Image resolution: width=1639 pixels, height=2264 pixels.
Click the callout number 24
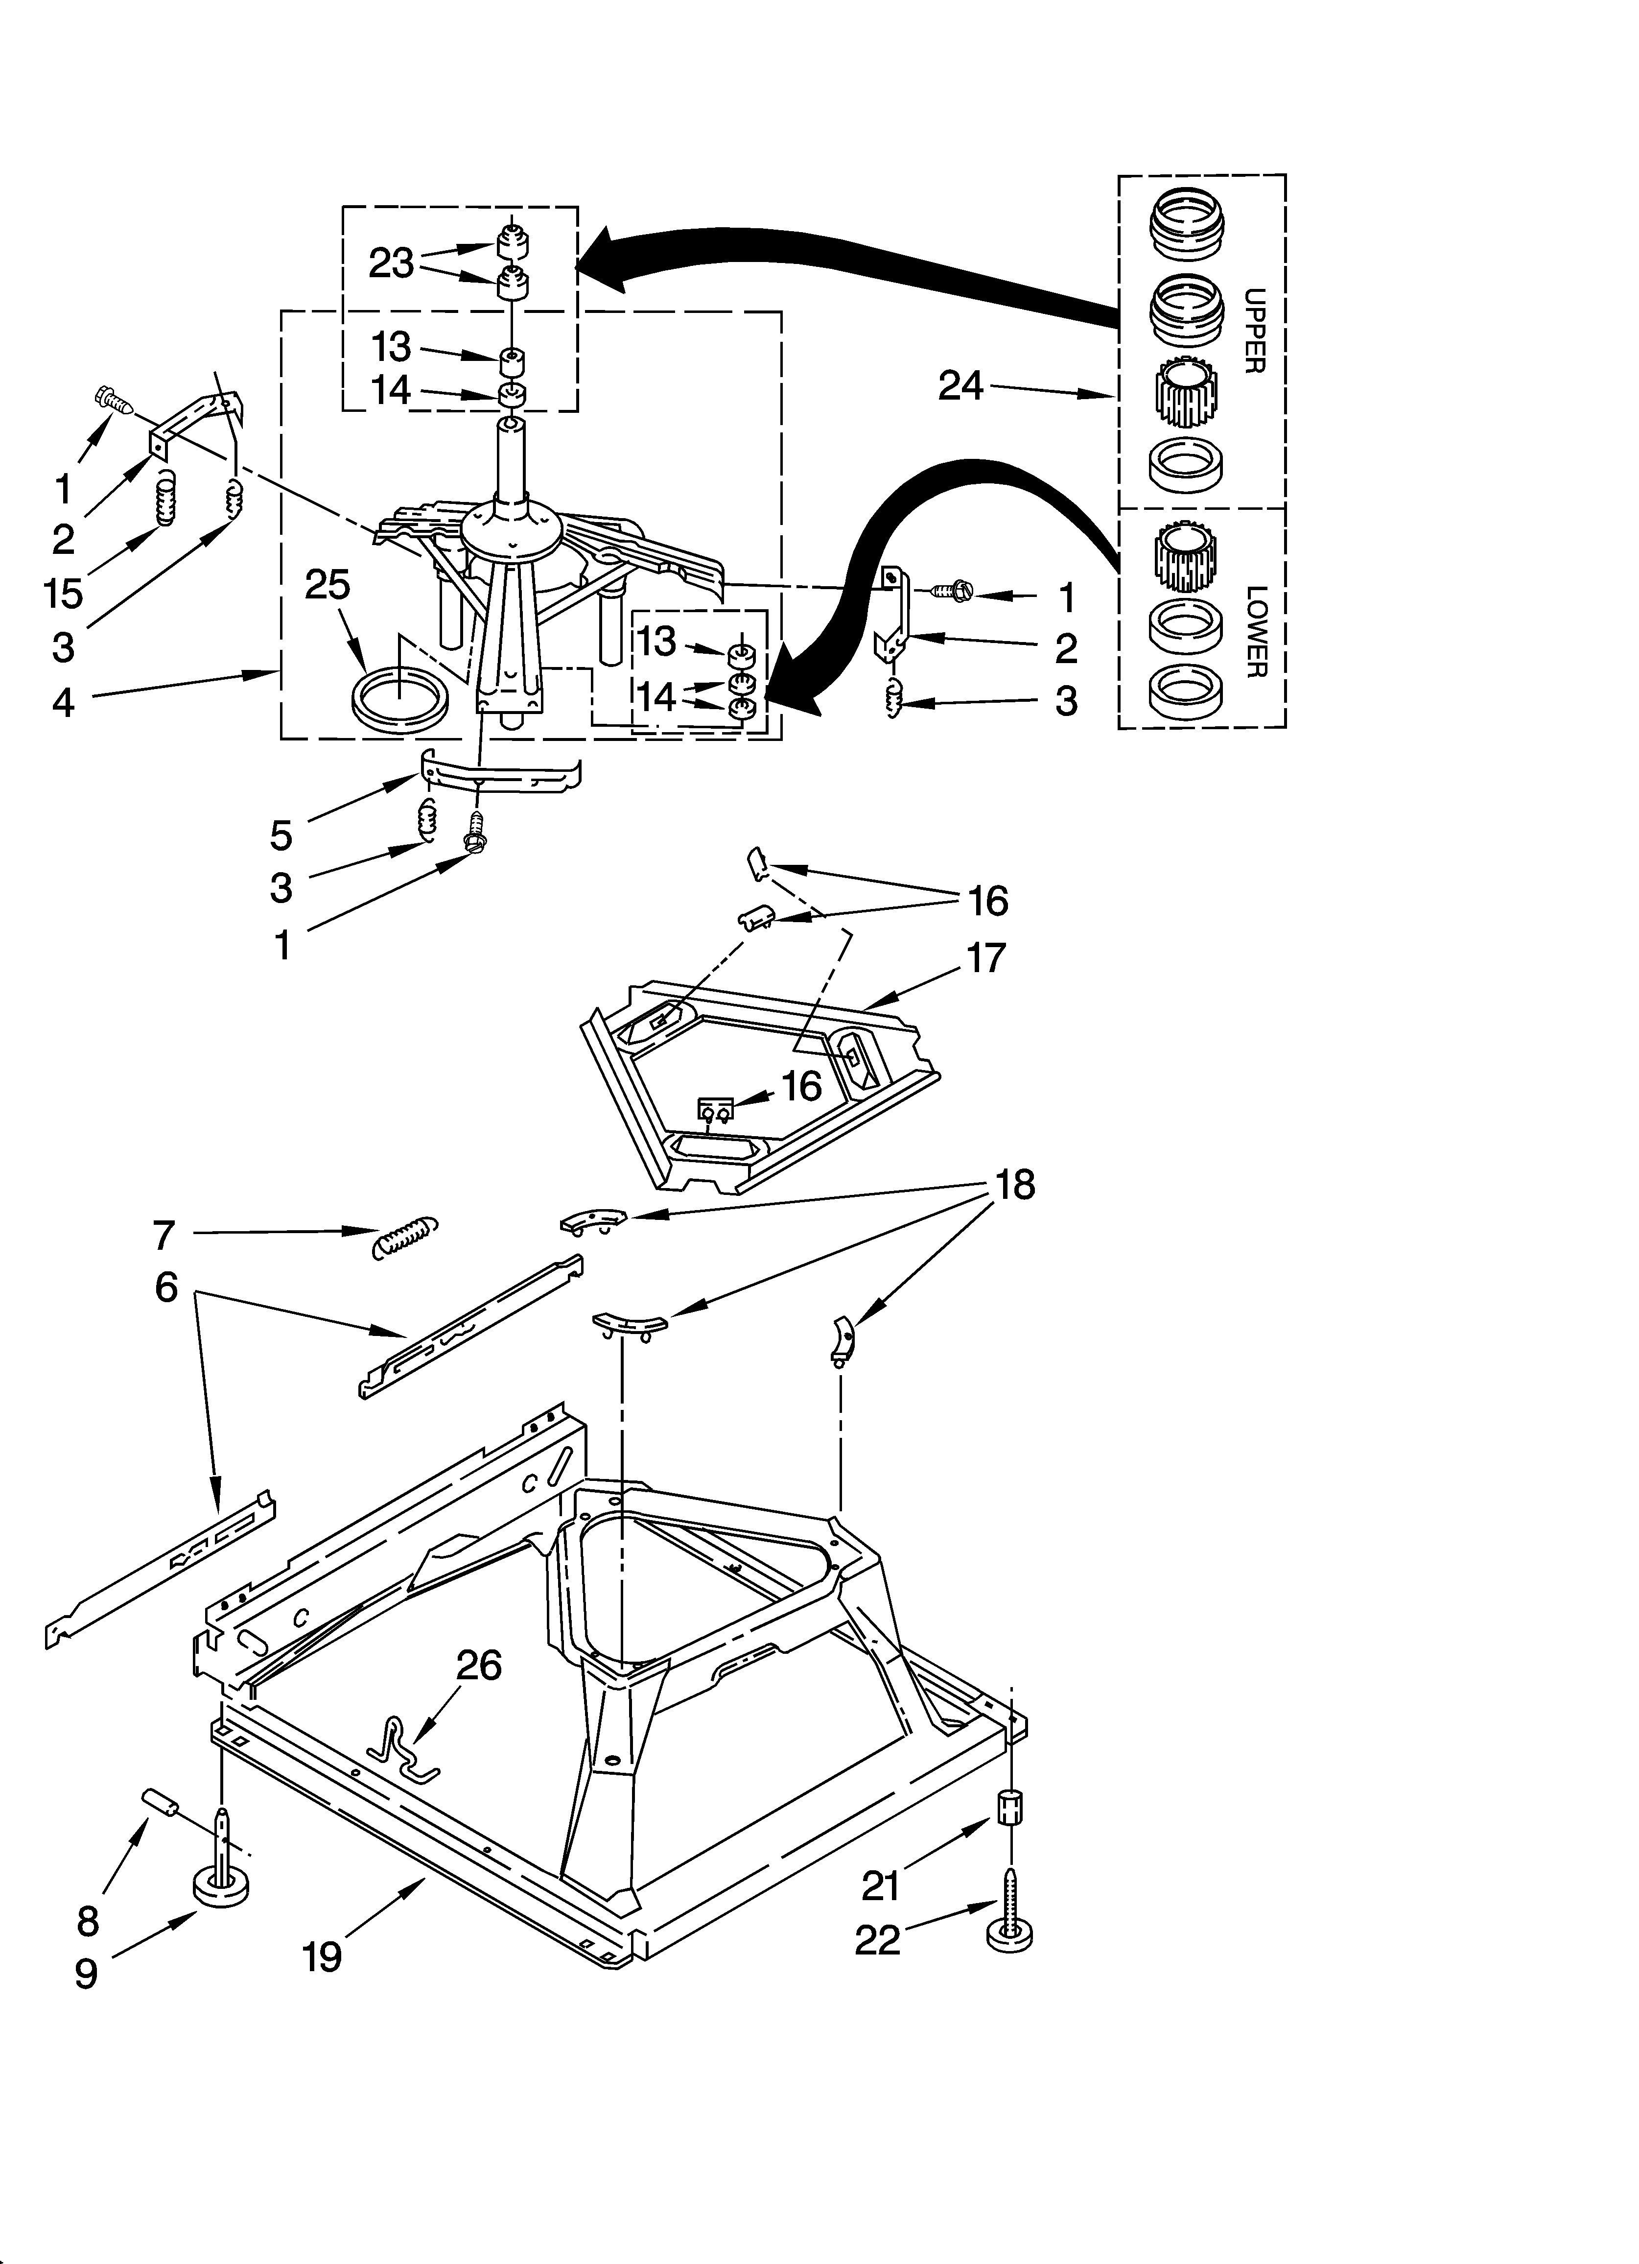click(x=960, y=385)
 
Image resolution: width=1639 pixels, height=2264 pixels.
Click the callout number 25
click(x=328, y=585)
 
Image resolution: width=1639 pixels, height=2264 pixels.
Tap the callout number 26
click(x=479, y=1665)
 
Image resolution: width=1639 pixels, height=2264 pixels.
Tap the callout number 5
click(x=281, y=835)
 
